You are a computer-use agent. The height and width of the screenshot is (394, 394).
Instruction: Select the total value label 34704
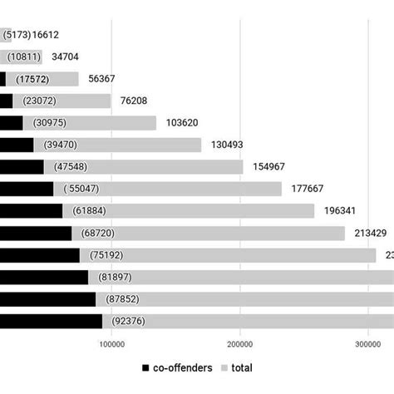click(x=68, y=57)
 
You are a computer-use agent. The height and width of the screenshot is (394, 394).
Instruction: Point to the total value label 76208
click(x=137, y=101)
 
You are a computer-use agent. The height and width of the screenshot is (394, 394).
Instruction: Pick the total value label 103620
click(x=183, y=123)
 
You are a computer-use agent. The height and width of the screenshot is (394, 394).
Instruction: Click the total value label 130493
click(x=228, y=145)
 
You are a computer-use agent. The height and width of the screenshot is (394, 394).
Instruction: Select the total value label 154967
click(x=269, y=167)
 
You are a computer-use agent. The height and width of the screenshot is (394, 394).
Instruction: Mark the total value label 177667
click(x=308, y=189)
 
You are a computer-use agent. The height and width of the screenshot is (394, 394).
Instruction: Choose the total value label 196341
click(x=341, y=210)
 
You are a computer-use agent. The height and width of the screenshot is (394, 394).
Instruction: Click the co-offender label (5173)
click(x=17, y=36)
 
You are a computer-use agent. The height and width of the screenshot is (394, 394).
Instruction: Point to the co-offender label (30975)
click(x=49, y=123)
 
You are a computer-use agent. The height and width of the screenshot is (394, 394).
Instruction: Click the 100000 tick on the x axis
click(x=111, y=343)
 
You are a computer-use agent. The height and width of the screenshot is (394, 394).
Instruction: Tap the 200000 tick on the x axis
click(x=240, y=343)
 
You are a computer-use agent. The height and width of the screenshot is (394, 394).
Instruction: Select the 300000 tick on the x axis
click(x=369, y=343)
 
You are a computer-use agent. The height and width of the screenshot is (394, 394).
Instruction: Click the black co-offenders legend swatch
click(x=146, y=367)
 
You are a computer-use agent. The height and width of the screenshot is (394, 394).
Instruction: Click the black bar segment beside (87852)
click(x=47, y=298)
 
